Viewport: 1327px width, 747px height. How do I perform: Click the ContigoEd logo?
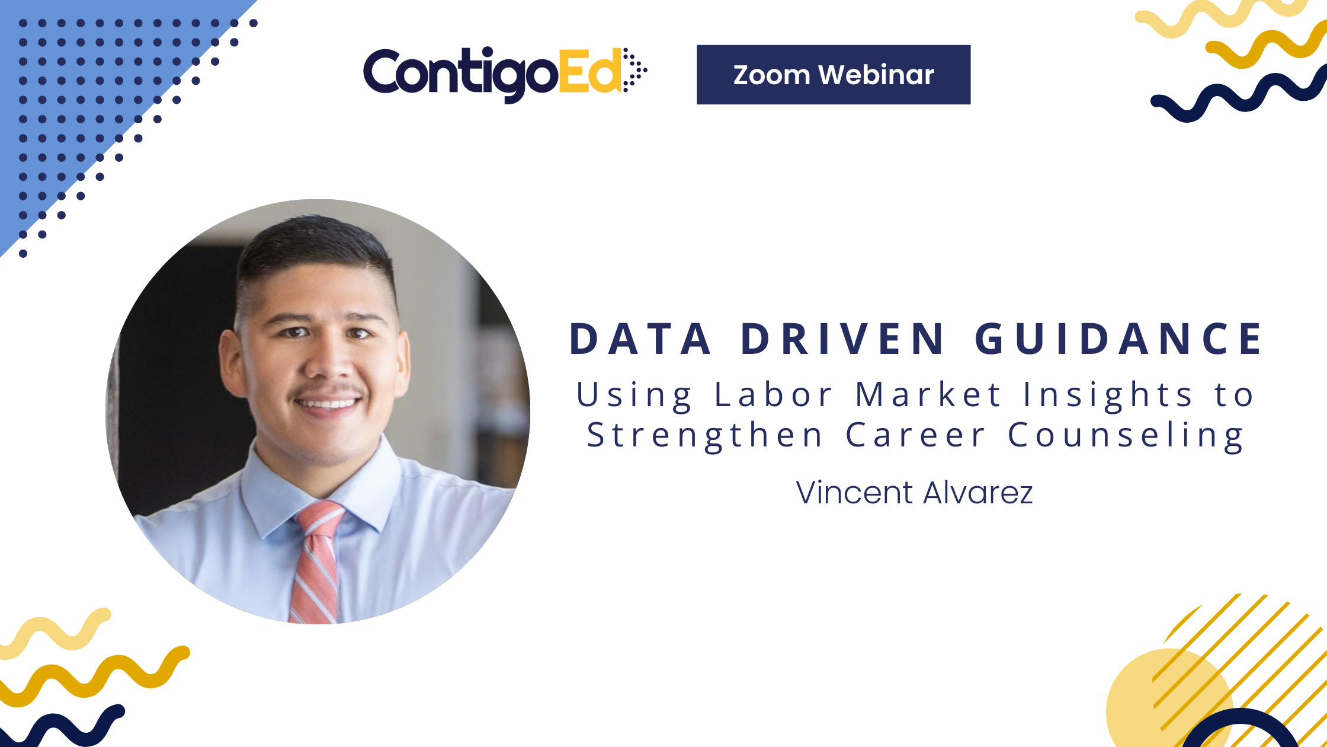[504, 74]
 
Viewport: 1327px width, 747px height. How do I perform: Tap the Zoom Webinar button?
[833, 75]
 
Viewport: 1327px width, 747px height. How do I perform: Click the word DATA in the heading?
[640, 339]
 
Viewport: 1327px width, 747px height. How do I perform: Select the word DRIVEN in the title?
[842, 339]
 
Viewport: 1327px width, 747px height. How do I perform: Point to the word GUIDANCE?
[1118, 339]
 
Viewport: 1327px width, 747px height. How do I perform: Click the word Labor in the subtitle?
[774, 395]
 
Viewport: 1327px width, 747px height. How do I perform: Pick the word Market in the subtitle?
[928, 395]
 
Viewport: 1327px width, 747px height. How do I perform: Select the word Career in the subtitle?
[916, 435]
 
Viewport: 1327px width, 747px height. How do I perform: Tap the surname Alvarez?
[978, 493]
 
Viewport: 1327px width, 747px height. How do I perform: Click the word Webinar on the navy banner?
[876, 75]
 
